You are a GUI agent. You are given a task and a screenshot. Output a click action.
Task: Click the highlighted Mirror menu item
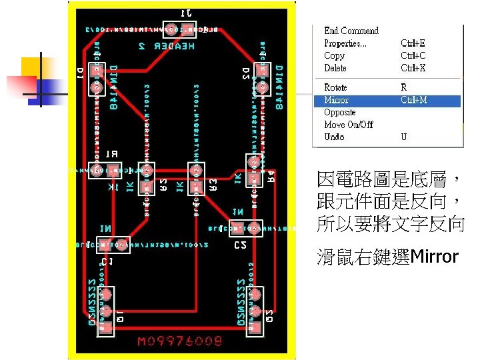[x=336, y=100]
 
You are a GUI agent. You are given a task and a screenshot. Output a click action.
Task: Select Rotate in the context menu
[x=335, y=87]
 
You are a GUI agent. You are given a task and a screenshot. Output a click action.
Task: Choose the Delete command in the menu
[x=335, y=68]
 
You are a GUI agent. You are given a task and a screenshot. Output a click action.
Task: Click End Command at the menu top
[x=351, y=31]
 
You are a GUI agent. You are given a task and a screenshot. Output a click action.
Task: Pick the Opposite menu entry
[x=339, y=112]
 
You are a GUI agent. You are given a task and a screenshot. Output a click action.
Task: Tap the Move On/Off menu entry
[x=348, y=125]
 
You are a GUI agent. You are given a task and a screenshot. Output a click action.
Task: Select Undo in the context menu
[x=334, y=137]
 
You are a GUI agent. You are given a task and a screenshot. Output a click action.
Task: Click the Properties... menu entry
[x=345, y=43]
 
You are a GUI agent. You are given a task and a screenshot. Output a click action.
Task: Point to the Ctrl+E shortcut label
[x=413, y=43]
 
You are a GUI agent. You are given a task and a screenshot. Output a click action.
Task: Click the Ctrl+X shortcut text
[x=413, y=68]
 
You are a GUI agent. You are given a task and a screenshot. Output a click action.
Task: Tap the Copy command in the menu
[x=334, y=56]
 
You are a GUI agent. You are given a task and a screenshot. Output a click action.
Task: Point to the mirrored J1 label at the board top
[x=187, y=13]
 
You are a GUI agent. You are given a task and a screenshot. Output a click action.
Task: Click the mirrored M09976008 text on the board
[x=178, y=342]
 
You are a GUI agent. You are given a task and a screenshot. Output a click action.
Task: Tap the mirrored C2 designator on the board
[x=241, y=245]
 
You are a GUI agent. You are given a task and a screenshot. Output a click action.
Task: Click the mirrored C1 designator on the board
[x=107, y=261]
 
